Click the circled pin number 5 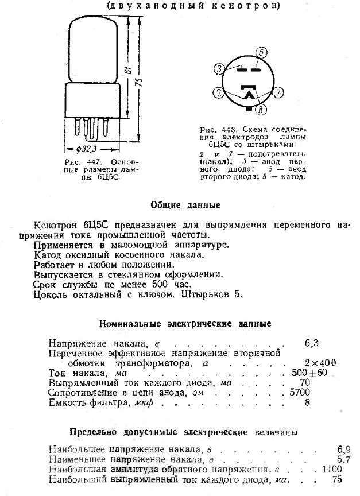(262, 52)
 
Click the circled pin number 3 (219, 69)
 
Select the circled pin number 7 (278, 92)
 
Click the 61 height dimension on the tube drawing (126, 72)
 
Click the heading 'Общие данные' (184, 204)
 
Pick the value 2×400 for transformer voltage (320, 362)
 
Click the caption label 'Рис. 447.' (78, 161)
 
